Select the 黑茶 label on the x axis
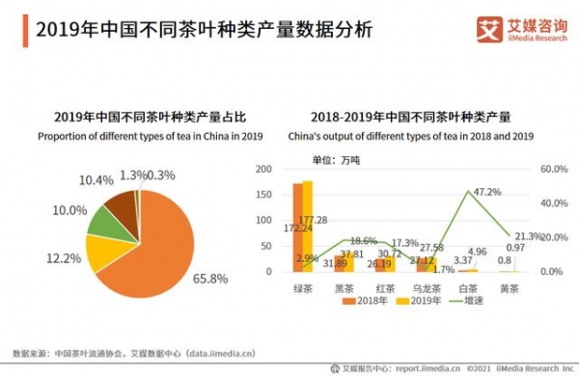coord(343,287)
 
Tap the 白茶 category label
coord(468,287)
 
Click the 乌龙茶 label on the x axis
coord(426,287)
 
